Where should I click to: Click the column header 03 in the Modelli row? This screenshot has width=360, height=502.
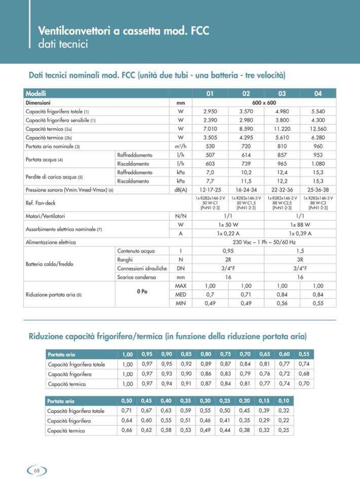[x=282, y=94]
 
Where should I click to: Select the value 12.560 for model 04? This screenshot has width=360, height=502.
[x=317, y=129]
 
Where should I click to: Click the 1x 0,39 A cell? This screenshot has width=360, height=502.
[x=300, y=234]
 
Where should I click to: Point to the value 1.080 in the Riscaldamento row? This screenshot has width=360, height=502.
[x=317, y=164]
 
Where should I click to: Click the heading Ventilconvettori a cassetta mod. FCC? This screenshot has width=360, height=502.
[x=124, y=31]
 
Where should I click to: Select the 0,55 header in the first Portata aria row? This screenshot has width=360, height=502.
[x=304, y=354]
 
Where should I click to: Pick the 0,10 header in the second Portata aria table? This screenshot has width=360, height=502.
[x=284, y=401]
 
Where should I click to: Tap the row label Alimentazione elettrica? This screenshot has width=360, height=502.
[x=51, y=242]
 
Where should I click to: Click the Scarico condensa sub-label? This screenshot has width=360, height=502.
[x=136, y=277]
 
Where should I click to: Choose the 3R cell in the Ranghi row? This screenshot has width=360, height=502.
[x=300, y=259]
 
